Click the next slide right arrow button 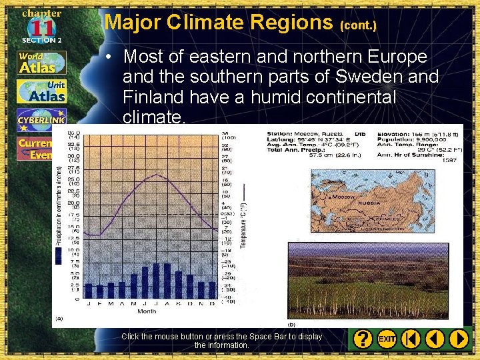pyautogui.click(x=459, y=339)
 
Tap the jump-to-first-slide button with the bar pyautogui.click(x=411, y=339)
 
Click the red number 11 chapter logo pyautogui.click(x=41, y=28)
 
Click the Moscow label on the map pyautogui.click(x=344, y=197)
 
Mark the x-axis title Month pyautogui.click(x=147, y=311)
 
